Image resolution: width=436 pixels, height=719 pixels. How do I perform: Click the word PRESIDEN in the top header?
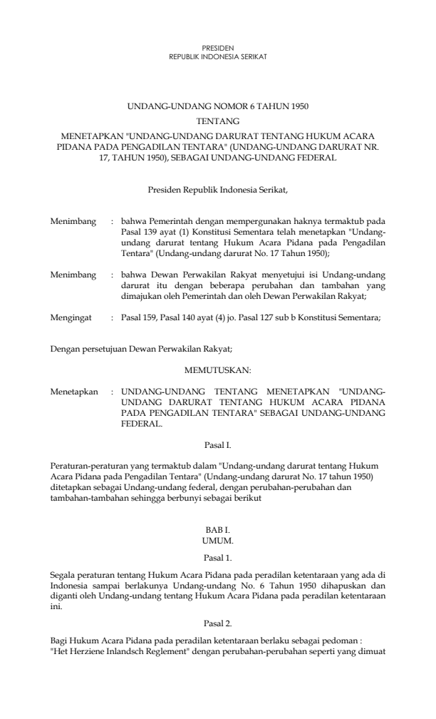click(218, 47)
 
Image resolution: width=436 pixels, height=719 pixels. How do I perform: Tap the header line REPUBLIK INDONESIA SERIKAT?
click(218, 55)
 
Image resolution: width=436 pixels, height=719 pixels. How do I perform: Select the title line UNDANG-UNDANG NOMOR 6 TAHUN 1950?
click(218, 107)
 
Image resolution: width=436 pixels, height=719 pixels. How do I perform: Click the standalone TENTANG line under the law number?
click(218, 121)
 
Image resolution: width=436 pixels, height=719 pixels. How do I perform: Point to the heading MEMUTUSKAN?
click(218, 371)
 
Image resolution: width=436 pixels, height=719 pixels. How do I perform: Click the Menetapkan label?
click(74, 392)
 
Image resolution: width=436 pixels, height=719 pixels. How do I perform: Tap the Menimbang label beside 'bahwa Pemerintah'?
click(73, 223)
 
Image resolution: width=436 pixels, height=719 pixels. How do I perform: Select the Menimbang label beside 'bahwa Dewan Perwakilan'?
click(73, 274)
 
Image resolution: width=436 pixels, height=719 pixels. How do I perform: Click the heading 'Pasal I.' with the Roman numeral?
click(218, 445)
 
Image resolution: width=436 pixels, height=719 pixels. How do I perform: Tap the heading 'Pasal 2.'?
click(218, 603)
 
